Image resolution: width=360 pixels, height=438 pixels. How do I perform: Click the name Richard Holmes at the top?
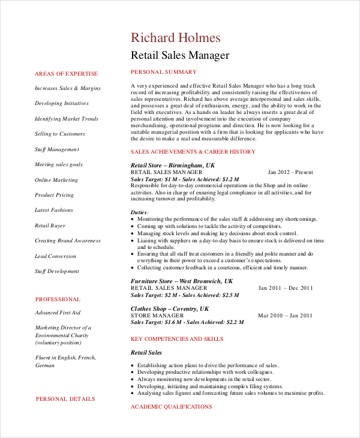(176, 38)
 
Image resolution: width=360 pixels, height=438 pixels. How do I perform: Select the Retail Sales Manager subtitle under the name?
(180, 56)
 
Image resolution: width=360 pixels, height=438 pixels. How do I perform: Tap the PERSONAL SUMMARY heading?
(163, 72)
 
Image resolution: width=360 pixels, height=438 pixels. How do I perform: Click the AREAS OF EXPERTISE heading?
(66, 74)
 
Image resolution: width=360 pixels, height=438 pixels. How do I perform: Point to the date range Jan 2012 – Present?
(290, 172)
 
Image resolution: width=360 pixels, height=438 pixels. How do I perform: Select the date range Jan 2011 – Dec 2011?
(286, 288)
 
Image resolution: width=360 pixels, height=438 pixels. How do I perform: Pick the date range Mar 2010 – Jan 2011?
(285, 316)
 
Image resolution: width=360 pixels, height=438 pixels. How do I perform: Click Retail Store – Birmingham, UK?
(172, 165)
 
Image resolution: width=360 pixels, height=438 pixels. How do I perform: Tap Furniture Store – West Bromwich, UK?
(181, 281)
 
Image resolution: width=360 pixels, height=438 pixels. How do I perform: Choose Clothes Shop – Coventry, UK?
(170, 308)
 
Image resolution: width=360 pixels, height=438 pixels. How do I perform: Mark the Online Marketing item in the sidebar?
(56, 180)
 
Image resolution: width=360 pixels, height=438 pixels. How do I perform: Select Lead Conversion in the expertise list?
(56, 256)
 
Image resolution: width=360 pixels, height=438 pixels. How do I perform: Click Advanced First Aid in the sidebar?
(58, 313)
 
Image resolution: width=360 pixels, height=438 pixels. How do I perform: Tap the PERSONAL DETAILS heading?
(65, 398)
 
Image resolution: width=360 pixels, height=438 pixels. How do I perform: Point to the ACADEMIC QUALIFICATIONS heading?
(171, 407)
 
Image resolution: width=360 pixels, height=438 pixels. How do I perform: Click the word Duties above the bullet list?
(139, 212)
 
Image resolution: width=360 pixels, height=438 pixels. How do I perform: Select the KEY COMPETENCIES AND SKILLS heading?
(177, 339)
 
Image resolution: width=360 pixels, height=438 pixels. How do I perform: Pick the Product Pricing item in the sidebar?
(55, 195)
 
